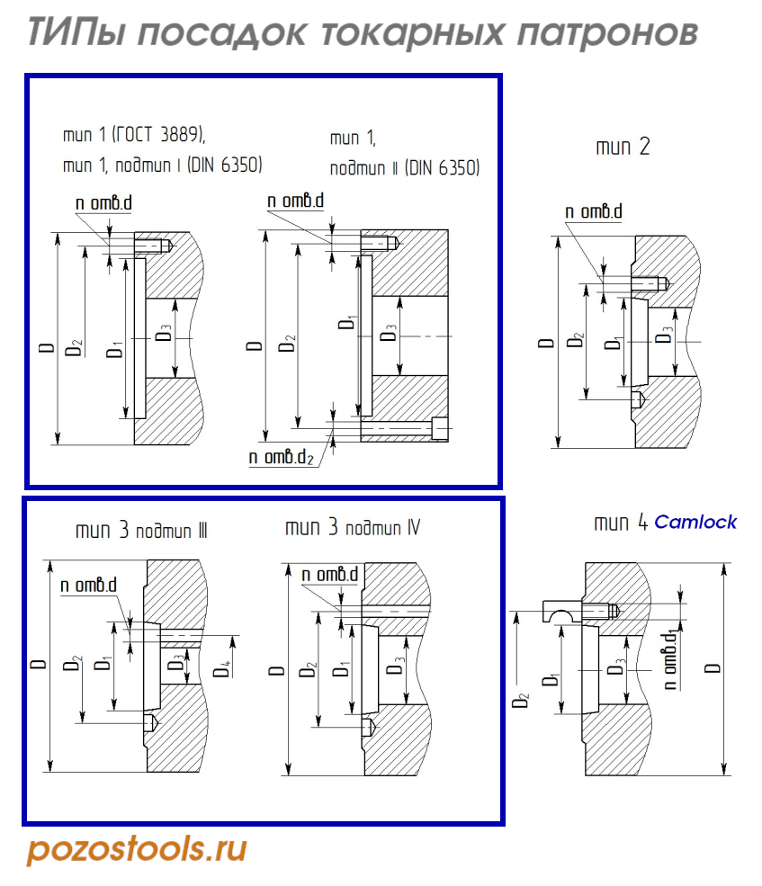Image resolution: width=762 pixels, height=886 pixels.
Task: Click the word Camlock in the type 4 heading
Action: click(x=695, y=522)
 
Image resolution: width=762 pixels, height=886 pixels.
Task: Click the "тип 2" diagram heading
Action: click(x=623, y=147)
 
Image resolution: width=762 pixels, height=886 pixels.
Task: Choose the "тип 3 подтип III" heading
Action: click(x=141, y=530)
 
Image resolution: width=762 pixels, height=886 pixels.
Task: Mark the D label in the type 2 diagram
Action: click(x=544, y=343)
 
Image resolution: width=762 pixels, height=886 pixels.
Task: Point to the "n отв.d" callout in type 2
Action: click(x=594, y=212)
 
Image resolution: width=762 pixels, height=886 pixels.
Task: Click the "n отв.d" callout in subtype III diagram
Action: click(x=89, y=586)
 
